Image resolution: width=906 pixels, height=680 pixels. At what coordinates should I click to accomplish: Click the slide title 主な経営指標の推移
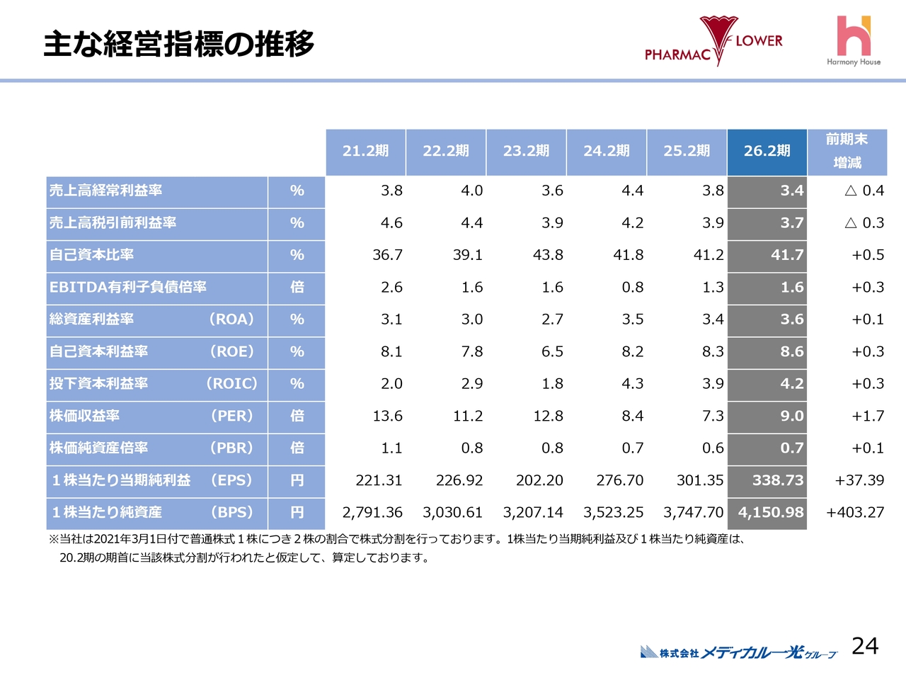coord(179,44)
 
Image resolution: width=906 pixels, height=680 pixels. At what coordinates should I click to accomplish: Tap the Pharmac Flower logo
coord(713,42)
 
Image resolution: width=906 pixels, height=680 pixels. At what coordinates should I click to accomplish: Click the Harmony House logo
coord(854,41)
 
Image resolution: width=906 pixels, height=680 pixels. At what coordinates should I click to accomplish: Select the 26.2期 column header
coord(767,151)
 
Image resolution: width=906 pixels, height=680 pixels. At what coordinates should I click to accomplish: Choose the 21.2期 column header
coord(365,151)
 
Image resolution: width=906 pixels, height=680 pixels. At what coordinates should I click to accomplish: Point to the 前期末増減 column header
coord(847,151)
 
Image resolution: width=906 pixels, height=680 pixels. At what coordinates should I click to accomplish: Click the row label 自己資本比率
coord(91,255)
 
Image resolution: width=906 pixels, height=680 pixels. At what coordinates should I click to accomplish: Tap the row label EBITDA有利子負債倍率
coord(128,288)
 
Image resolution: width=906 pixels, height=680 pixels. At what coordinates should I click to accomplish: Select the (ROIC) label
coord(231,384)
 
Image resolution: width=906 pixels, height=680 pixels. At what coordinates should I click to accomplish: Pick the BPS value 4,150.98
coord(771,512)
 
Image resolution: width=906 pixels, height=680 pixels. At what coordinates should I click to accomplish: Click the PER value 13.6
coord(387,416)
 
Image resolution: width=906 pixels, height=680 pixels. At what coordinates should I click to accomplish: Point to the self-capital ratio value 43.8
coord(548,255)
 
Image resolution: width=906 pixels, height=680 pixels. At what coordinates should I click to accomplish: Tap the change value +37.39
coord(859,480)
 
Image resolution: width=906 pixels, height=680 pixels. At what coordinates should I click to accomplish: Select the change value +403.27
coord(855,512)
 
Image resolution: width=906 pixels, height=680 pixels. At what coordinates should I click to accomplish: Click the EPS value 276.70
coord(619,480)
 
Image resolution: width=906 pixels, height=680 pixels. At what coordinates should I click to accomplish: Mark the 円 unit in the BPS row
coord(297,512)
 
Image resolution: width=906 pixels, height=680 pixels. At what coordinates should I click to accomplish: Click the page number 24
coord(864,646)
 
